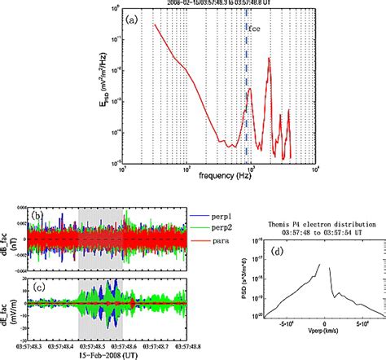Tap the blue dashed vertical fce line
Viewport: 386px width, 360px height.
coord(247,98)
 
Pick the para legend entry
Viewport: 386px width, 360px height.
coord(192,243)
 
